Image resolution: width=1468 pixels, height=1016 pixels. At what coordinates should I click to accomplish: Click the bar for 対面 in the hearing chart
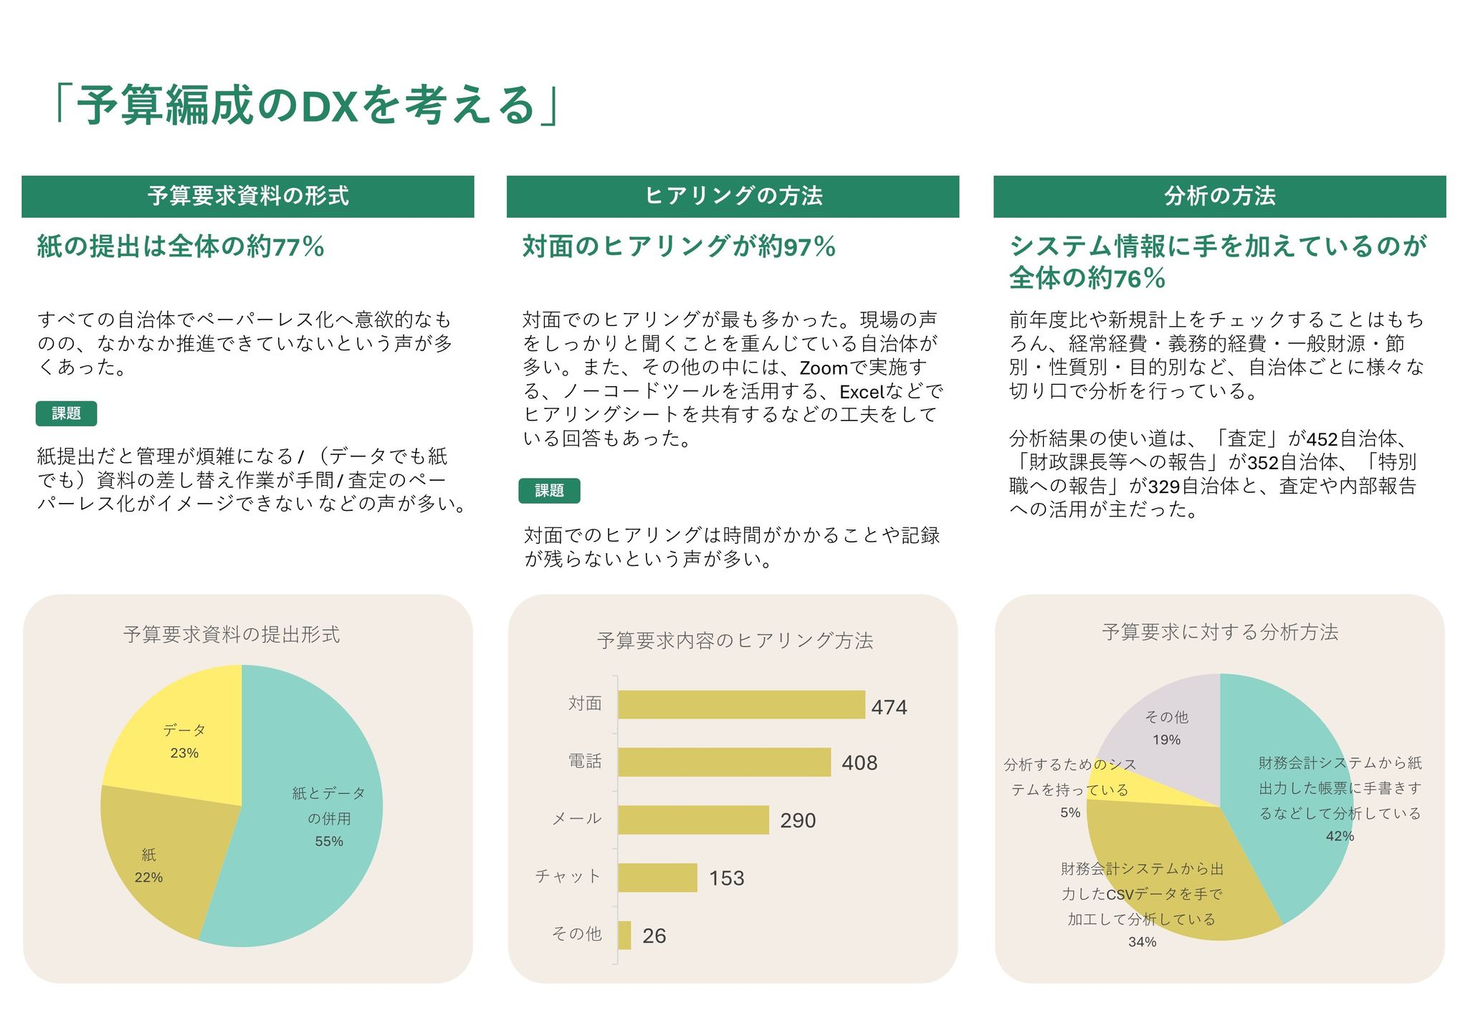click(741, 704)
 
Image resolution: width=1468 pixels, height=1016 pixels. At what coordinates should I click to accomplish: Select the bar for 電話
click(724, 762)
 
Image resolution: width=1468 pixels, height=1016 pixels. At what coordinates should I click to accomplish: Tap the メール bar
click(693, 820)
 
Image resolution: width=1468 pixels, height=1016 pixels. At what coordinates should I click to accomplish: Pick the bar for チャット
click(657, 878)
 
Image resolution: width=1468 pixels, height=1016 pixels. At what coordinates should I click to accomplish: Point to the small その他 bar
click(624, 935)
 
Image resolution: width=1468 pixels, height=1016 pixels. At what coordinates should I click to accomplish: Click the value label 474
click(889, 707)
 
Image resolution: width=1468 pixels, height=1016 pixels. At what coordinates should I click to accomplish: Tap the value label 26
click(654, 936)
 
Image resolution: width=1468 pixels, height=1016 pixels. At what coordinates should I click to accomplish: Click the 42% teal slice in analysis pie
click(1290, 788)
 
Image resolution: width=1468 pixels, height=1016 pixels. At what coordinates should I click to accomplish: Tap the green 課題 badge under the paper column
click(66, 413)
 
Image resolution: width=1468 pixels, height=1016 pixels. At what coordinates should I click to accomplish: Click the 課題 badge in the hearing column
click(549, 491)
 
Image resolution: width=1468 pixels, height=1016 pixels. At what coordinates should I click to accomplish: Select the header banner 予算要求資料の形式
click(248, 196)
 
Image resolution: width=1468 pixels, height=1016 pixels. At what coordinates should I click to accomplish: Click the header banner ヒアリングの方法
click(733, 196)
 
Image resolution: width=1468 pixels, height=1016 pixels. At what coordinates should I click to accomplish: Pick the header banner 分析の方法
click(1219, 196)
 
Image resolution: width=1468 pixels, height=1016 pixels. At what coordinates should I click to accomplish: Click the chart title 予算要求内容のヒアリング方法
click(735, 641)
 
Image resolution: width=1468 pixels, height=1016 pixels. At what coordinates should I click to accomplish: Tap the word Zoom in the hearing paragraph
click(824, 368)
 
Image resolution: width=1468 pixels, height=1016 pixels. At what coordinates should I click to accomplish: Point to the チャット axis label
click(568, 876)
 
